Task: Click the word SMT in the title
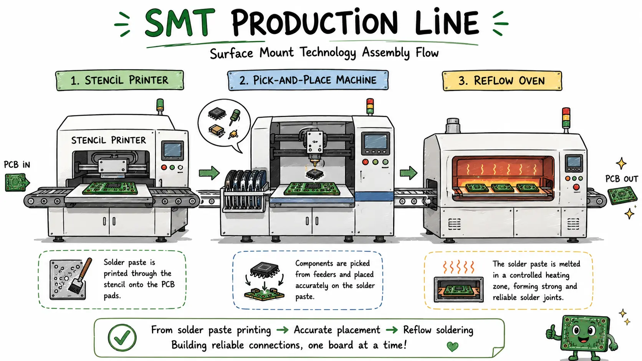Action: [x=180, y=23]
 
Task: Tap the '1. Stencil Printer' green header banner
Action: [x=119, y=80]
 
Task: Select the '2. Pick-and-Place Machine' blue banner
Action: [x=308, y=80]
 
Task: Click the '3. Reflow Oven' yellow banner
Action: [x=502, y=81]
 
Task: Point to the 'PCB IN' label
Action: [x=17, y=165]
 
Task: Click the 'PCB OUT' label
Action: [x=622, y=179]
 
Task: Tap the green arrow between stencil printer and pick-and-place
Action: [x=209, y=173]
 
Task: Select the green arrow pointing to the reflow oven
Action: [x=409, y=173]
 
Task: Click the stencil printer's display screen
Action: [x=172, y=150]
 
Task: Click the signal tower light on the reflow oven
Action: [x=566, y=118]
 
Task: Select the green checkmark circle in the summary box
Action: [x=122, y=338]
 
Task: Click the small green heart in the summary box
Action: [x=453, y=347]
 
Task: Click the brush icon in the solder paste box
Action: [x=80, y=276]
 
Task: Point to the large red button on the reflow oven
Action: [x=576, y=187]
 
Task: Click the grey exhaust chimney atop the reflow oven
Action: [x=453, y=125]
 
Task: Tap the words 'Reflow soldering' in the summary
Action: [x=438, y=330]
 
